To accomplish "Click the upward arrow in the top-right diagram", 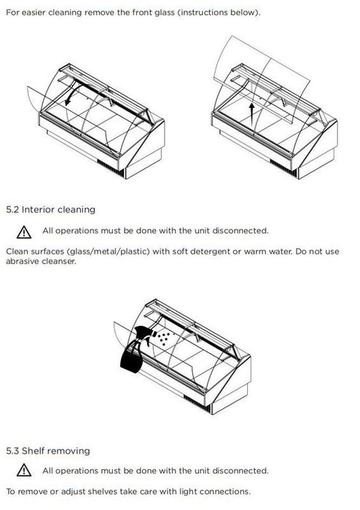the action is pyautogui.click(x=251, y=117).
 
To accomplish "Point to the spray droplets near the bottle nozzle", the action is pyautogui.click(x=163, y=338).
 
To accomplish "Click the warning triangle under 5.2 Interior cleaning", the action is pyautogui.click(x=24, y=232).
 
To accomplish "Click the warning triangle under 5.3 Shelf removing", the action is pyautogui.click(x=24, y=471).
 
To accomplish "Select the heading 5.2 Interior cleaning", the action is pyautogui.click(x=51, y=210).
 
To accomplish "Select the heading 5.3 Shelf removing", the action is pyautogui.click(x=48, y=451).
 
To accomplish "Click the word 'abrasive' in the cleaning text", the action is pyautogui.click(x=22, y=261).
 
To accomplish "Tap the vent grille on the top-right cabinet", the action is pyautogui.click(x=283, y=168).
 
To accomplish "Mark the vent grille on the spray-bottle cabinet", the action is pyautogui.click(x=197, y=404).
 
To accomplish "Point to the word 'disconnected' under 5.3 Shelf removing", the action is pyautogui.click(x=240, y=471).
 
